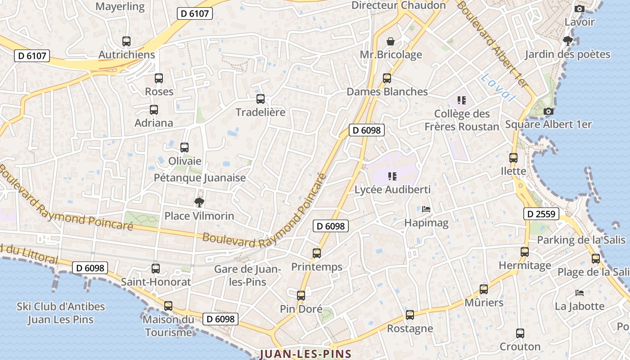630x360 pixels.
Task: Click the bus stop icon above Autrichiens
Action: (x=126, y=41)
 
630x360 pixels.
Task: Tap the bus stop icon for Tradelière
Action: (x=261, y=99)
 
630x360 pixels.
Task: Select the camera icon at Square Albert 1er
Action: (x=548, y=111)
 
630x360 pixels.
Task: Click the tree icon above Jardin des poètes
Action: (x=567, y=41)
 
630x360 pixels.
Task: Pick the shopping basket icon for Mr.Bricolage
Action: (x=390, y=41)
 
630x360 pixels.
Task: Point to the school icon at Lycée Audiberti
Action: (x=392, y=176)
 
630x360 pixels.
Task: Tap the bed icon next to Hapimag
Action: (x=426, y=209)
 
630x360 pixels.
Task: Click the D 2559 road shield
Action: (x=541, y=214)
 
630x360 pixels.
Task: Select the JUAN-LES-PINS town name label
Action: (x=305, y=354)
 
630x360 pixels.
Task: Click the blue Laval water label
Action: (x=498, y=87)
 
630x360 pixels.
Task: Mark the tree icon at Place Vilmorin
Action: (x=199, y=202)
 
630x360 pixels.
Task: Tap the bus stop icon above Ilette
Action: (x=513, y=158)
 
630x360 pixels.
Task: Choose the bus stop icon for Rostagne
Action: (x=409, y=315)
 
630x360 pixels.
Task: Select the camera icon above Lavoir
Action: (x=580, y=9)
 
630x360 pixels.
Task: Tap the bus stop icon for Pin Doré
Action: (x=301, y=296)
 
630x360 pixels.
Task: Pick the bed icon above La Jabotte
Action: (x=580, y=293)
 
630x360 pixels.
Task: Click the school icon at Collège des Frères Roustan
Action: (x=461, y=100)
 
